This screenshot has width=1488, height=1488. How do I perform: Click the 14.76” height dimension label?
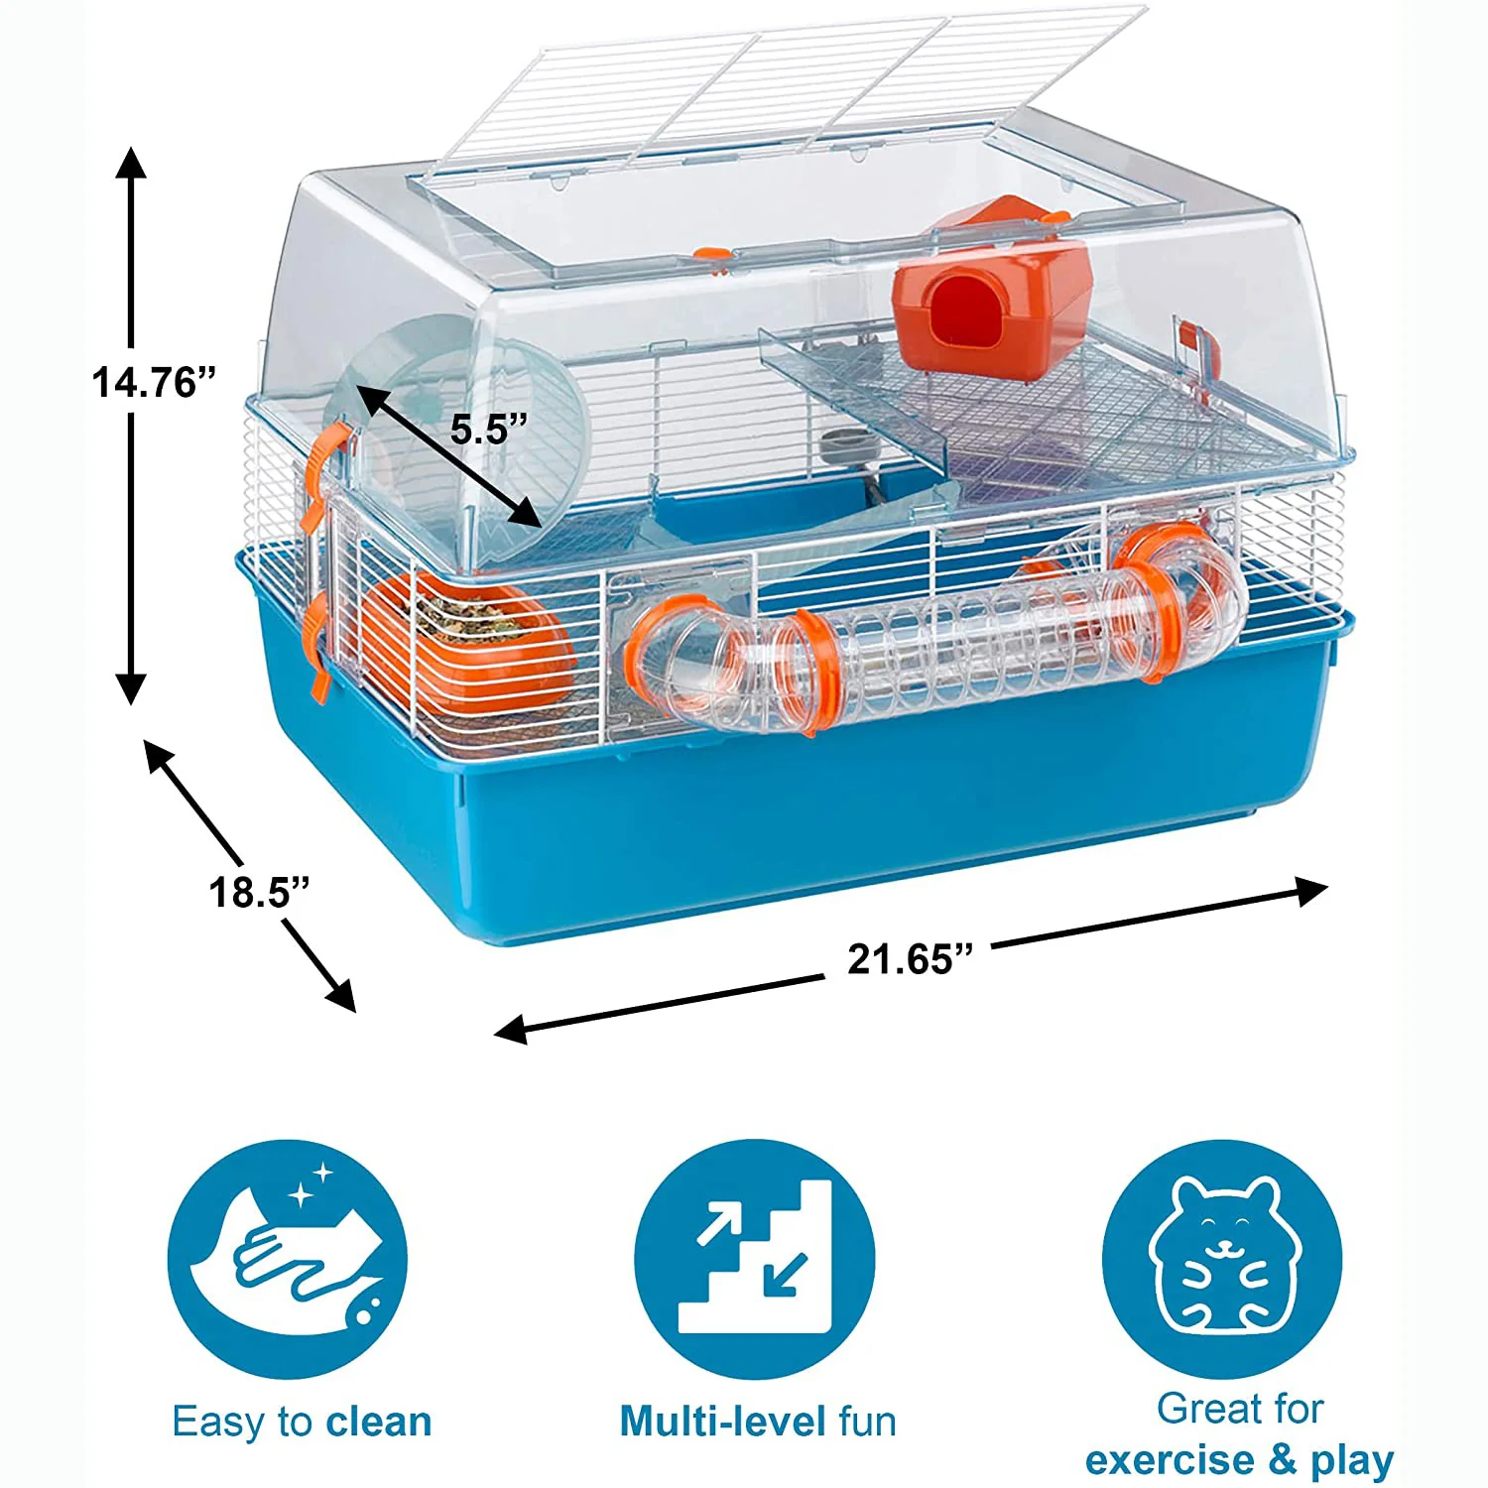click(x=154, y=382)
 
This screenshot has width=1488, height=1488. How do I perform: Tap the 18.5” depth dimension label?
click(x=260, y=893)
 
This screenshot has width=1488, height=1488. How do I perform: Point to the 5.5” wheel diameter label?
click(x=489, y=429)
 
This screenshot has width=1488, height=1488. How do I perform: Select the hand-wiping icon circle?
click(x=288, y=1259)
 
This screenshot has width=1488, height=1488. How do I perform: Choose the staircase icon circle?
click(x=755, y=1259)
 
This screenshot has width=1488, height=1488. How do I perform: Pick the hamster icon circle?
click(x=1222, y=1259)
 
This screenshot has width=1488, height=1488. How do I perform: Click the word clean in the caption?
click(x=379, y=1422)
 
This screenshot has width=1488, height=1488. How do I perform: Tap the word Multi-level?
click(x=723, y=1422)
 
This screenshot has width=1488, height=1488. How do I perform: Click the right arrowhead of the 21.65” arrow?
click(x=1312, y=891)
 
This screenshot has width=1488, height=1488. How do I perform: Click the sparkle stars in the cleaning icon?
click(x=311, y=1183)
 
